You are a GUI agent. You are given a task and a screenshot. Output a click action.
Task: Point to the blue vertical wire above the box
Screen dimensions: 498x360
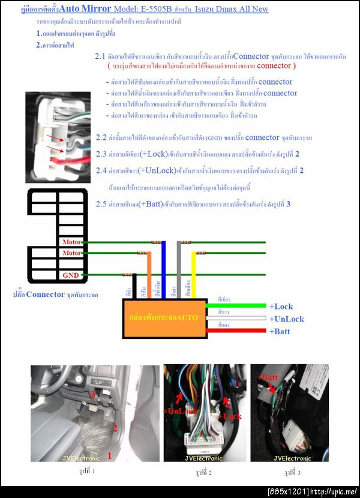tap(164, 267)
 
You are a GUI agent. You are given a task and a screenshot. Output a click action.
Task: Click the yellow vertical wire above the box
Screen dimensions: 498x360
tap(193, 273)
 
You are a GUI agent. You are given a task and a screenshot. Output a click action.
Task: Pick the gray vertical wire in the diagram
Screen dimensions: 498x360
tap(179, 267)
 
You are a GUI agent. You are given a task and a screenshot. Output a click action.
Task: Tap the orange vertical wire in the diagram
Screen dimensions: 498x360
tap(149, 273)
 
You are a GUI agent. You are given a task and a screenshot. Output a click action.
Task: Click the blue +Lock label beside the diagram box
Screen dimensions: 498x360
tap(281, 307)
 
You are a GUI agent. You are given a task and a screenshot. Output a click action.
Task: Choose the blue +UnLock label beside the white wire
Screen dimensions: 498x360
tap(286, 319)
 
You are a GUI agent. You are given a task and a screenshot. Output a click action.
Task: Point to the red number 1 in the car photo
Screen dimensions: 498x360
tap(109, 456)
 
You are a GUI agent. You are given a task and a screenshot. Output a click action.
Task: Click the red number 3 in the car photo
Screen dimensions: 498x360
tap(92, 394)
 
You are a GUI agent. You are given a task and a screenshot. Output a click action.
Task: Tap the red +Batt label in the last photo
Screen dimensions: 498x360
tap(268, 377)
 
